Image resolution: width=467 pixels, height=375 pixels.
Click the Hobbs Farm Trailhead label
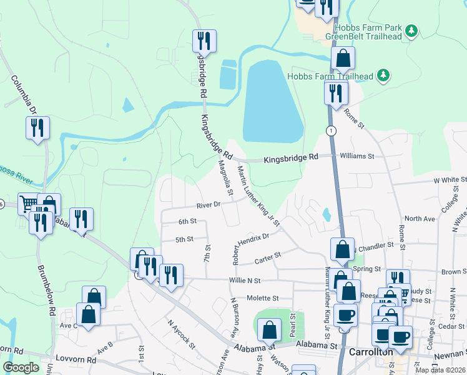pyautogui.click(x=330, y=76)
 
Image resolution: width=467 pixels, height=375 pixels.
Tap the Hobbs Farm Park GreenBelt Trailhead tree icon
pyautogui.click(x=411, y=31)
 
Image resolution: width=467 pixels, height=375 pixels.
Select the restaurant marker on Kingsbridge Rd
pyautogui.click(x=204, y=42)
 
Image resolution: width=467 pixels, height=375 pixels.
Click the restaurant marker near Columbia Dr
pyautogui.click(x=37, y=129)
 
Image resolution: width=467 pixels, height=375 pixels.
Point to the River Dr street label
pyautogui.click(x=209, y=204)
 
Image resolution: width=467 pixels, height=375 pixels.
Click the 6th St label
pyautogui.click(x=187, y=221)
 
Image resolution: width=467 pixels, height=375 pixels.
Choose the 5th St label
pyautogui.click(x=184, y=239)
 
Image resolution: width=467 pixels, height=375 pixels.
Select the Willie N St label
pyautogui.click(x=244, y=281)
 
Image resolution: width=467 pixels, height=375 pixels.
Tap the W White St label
pyautogui.click(x=450, y=180)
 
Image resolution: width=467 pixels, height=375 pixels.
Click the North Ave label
pyautogui.click(x=419, y=219)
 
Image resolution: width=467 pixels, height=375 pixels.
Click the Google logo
pyautogui.click(x=21, y=367)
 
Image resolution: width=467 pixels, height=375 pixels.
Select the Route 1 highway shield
pyautogui.click(x=330, y=130)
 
